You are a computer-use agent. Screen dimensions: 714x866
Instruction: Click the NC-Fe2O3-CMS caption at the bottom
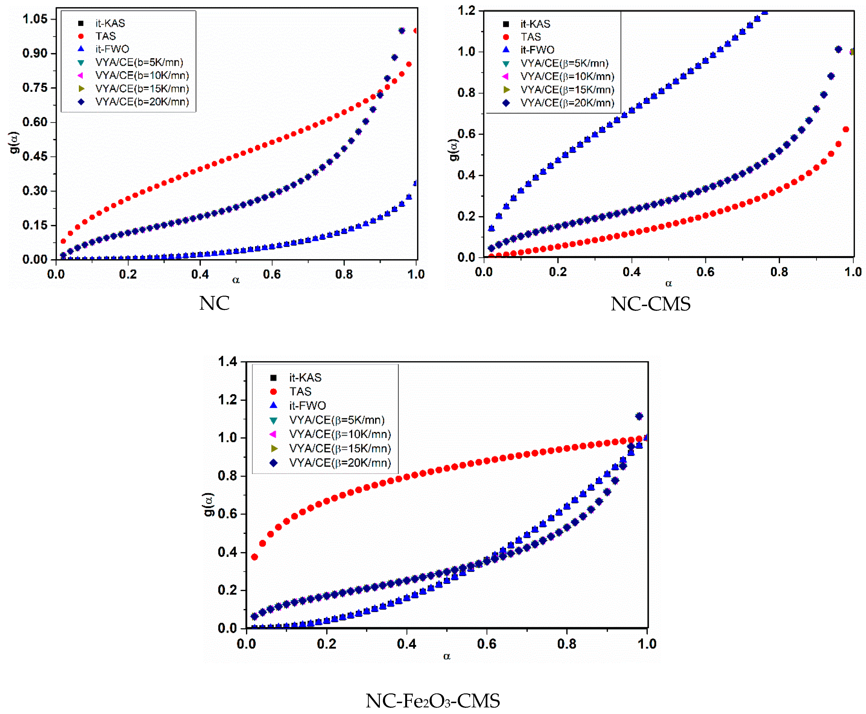point(433,701)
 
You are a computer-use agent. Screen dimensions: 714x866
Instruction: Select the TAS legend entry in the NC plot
point(105,36)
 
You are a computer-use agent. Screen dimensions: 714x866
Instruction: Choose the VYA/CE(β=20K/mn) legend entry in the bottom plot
point(340,463)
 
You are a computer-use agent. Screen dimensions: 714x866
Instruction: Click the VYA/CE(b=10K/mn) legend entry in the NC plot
point(142,75)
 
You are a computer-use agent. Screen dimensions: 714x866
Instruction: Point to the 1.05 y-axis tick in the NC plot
point(35,19)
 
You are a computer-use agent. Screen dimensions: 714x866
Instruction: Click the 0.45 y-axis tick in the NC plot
point(35,156)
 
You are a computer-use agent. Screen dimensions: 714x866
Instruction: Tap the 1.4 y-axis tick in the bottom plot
point(228,362)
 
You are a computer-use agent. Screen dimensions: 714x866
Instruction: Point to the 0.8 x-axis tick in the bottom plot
point(567,644)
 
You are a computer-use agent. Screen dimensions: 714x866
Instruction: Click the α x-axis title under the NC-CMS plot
point(669,283)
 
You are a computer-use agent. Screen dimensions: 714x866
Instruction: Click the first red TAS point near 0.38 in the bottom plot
point(254,557)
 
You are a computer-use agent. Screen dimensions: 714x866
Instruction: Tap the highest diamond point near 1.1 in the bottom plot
point(639,416)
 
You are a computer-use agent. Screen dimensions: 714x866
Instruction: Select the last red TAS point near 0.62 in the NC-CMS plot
point(846,129)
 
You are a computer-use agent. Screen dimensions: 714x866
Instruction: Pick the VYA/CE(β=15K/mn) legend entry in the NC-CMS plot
point(567,90)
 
